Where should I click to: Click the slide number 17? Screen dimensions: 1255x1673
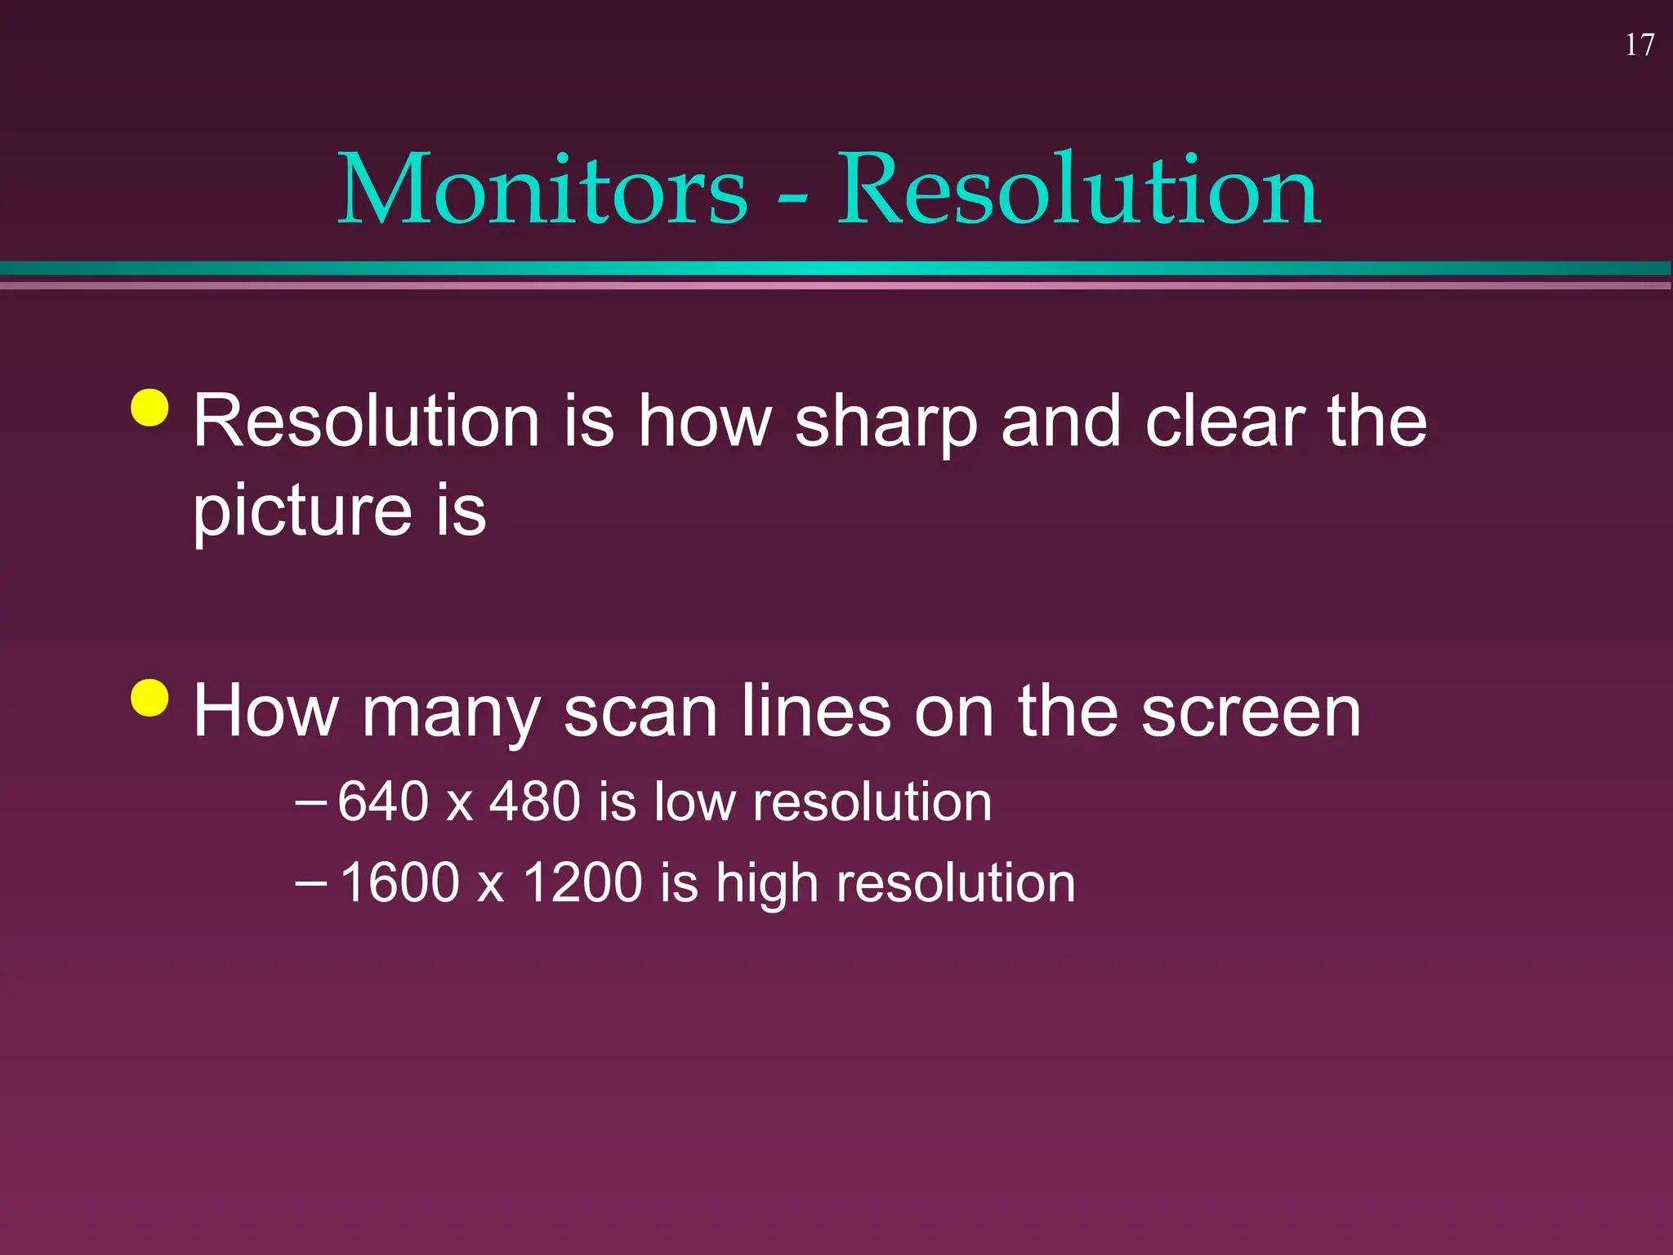click(x=1640, y=45)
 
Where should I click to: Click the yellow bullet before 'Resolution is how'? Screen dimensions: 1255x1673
click(x=149, y=408)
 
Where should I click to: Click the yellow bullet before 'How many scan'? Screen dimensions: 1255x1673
click(x=149, y=697)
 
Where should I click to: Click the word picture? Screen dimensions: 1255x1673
click(x=302, y=513)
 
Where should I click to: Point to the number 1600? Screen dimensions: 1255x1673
click(x=399, y=882)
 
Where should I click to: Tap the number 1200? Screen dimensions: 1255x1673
click(x=582, y=882)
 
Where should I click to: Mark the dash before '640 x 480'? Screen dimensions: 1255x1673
click(x=310, y=802)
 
